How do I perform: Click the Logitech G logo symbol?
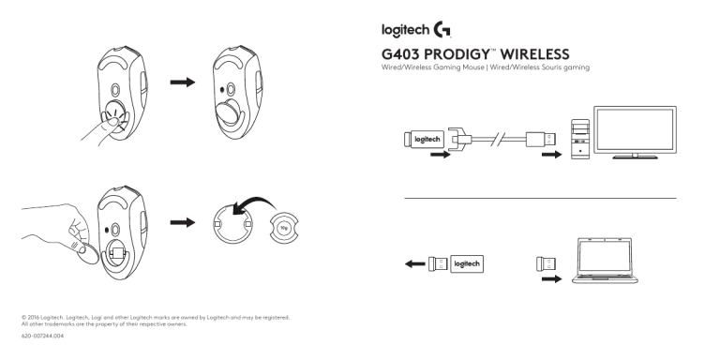coord(442,29)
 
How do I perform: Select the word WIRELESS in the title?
coord(534,54)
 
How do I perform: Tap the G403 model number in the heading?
coord(400,54)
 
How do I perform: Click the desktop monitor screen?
coord(635,129)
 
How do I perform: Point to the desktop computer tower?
coord(580,139)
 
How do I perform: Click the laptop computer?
coord(605,261)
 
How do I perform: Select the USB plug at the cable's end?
coord(541,139)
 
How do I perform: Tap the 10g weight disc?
coord(284,227)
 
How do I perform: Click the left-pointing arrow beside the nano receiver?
coord(415,264)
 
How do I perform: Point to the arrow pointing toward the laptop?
coord(551,278)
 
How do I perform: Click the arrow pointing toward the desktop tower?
coord(551,155)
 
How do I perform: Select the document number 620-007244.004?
coord(43,336)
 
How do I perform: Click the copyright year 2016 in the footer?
coord(33,317)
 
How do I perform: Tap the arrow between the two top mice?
coord(183,82)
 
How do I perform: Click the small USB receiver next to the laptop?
coord(546,264)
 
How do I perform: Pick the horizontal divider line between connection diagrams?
coord(540,199)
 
